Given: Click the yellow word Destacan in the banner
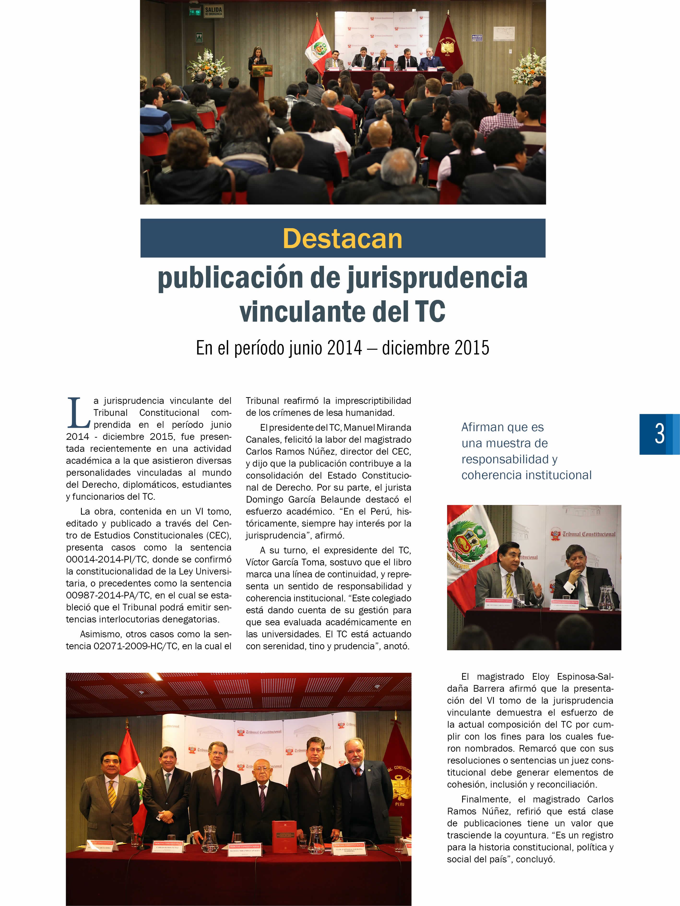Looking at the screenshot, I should pos(342,238).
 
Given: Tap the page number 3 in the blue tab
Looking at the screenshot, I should pos(659,434).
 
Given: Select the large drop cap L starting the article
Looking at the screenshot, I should pos(78,413).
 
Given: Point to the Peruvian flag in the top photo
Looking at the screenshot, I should pos(317,47).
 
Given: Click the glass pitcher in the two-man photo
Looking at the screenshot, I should pos(605,598).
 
